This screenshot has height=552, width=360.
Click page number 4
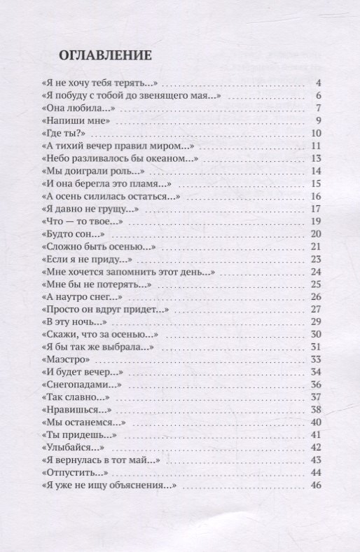click(x=317, y=83)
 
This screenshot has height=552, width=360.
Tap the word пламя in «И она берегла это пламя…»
click(x=147, y=184)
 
